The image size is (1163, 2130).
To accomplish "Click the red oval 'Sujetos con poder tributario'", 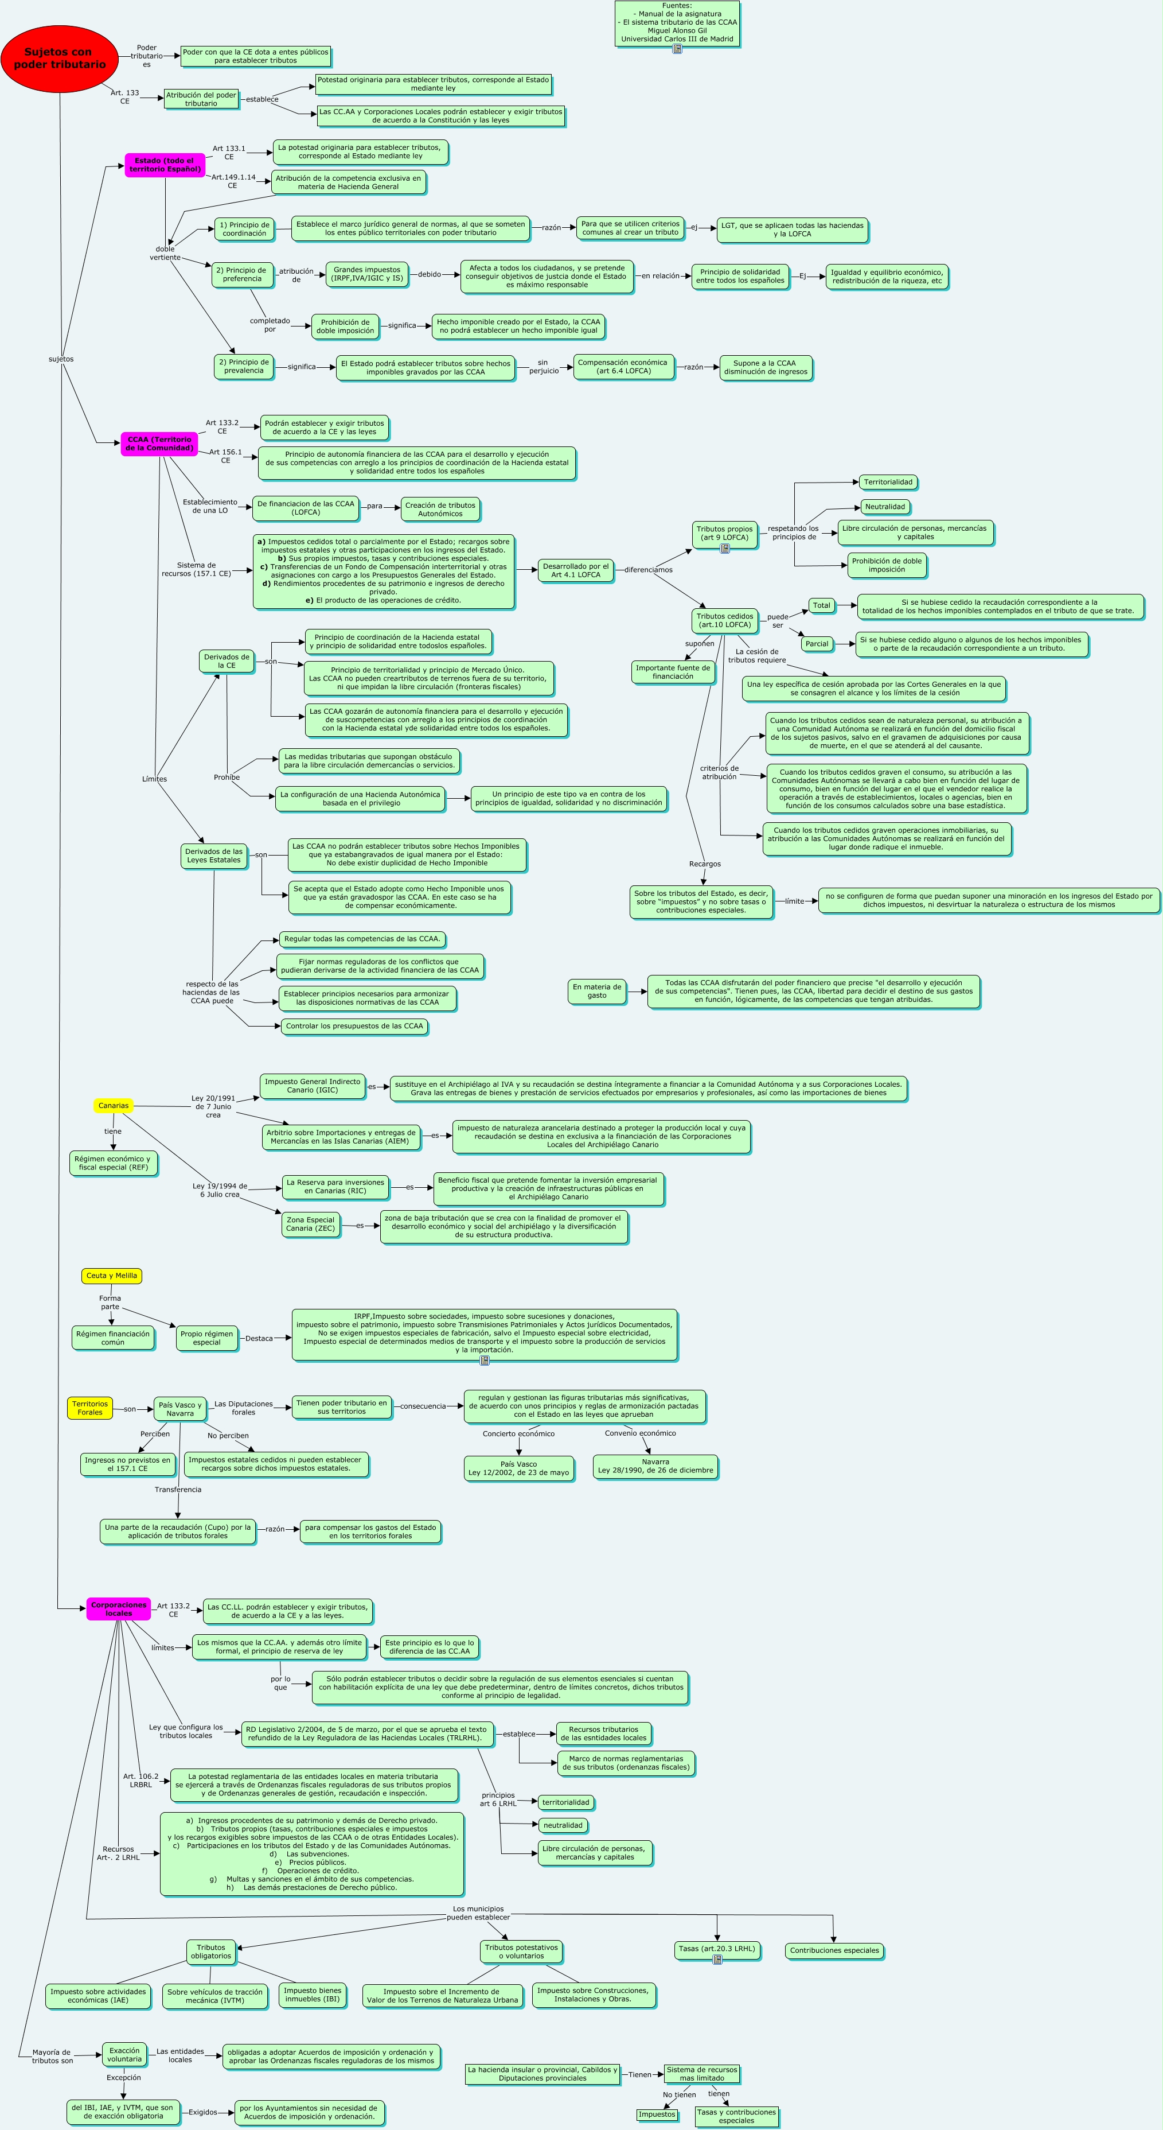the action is [x=60, y=59].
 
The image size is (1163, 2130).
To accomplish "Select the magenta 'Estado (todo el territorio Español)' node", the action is [x=165, y=165].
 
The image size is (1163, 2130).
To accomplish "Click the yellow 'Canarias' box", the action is [x=113, y=1106].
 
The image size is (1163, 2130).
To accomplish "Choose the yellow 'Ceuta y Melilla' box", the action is [x=112, y=1276].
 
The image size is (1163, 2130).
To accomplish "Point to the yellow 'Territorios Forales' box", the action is [x=89, y=1408].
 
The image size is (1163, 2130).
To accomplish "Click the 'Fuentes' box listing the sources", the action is [x=676, y=23].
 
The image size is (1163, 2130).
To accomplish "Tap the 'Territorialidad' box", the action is [x=888, y=482].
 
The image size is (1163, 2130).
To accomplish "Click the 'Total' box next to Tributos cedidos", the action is [x=821, y=605].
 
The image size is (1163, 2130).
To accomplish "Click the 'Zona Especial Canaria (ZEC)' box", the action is [x=310, y=1225].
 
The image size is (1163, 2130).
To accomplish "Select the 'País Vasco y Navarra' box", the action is [x=179, y=1409].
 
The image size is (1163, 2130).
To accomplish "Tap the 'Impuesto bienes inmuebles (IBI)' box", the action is [x=313, y=1995].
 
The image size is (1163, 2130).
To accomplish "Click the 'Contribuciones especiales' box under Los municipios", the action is [x=834, y=1950].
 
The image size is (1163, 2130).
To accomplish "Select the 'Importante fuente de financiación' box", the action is [x=672, y=673].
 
